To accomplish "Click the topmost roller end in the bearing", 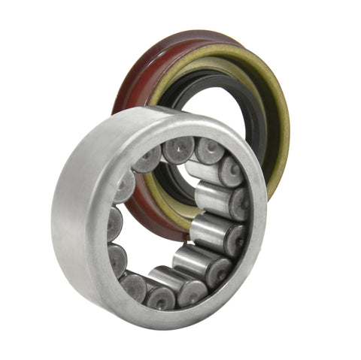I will coord(179,149).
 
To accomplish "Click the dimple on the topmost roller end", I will coord(179,149).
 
